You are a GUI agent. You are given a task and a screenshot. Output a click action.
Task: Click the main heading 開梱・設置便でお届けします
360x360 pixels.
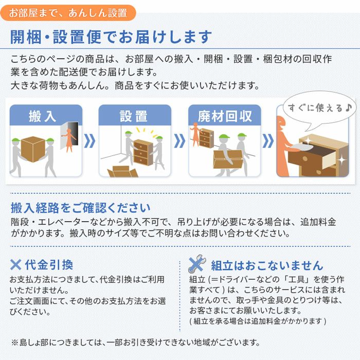pos(111,38)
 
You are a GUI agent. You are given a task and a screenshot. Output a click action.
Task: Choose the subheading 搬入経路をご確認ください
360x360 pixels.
pos(81,208)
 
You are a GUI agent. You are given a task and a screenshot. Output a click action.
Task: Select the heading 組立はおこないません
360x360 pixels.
pos(267,265)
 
